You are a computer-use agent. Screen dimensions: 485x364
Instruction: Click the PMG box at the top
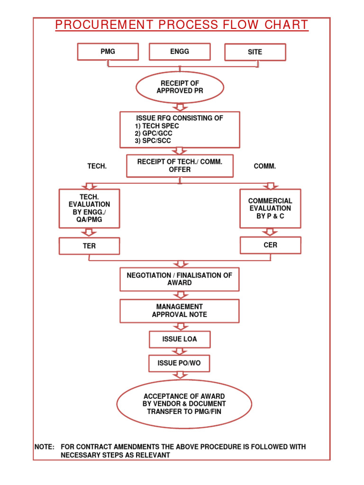click(108, 52)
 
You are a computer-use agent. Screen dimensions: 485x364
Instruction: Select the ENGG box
click(180, 52)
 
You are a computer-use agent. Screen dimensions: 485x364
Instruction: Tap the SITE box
click(255, 52)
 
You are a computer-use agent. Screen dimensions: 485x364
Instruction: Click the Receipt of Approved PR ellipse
click(180, 87)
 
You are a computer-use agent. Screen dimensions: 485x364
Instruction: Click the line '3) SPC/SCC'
click(153, 141)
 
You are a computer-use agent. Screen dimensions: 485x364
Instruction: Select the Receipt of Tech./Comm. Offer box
click(180, 166)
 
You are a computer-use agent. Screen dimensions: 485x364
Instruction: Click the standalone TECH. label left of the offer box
click(97, 166)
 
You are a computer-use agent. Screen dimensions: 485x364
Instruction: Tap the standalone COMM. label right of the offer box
click(265, 166)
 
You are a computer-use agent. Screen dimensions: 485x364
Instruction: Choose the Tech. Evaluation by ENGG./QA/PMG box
click(89, 208)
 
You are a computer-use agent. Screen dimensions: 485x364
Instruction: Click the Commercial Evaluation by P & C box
click(270, 208)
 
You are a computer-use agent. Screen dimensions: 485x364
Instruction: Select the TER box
click(89, 246)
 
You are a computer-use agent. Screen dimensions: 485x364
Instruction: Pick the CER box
click(270, 245)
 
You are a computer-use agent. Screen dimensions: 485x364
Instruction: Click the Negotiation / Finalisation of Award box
click(180, 279)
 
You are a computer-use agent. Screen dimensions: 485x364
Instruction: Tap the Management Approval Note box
click(180, 311)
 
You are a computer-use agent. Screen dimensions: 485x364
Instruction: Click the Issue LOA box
click(180, 339)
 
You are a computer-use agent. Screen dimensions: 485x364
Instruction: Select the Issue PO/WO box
click(180, 363)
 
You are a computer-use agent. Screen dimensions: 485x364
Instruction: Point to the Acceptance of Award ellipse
click(184, 404)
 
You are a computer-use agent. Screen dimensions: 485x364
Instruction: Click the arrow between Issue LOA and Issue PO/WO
click(180, 351)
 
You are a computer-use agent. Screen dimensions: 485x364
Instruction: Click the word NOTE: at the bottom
click(45, 447)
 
